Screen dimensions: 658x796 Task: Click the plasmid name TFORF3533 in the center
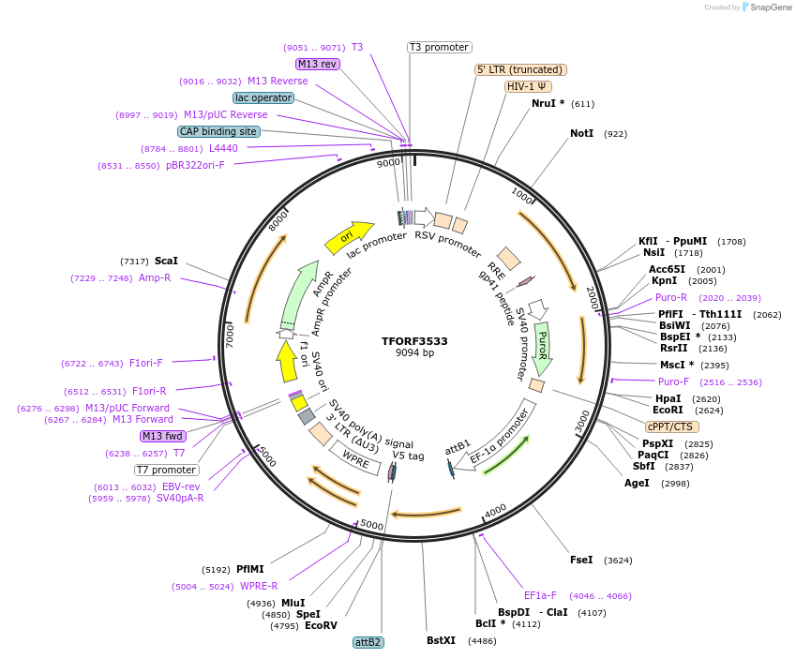tap(414, 341)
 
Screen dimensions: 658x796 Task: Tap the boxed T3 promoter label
tap(439, 47)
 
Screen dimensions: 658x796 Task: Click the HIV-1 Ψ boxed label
tap(528, 86)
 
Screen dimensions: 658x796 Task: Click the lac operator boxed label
tap(263, 97)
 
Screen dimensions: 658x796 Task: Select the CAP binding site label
tap(218, 132)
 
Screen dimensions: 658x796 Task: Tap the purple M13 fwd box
tap(162, 436)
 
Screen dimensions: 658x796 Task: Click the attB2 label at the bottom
tap(368, 642)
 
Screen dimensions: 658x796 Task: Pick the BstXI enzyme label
tap(441, 641)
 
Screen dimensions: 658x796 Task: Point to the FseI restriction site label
tap(581, 560)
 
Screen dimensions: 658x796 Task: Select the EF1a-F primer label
tap(540, 595)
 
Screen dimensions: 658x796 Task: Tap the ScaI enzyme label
tap(166, 261)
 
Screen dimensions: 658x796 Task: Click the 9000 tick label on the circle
tap(388, 163)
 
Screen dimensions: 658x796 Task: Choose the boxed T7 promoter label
tap(167, 470)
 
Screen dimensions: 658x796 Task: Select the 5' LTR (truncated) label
tap(520, 69)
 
